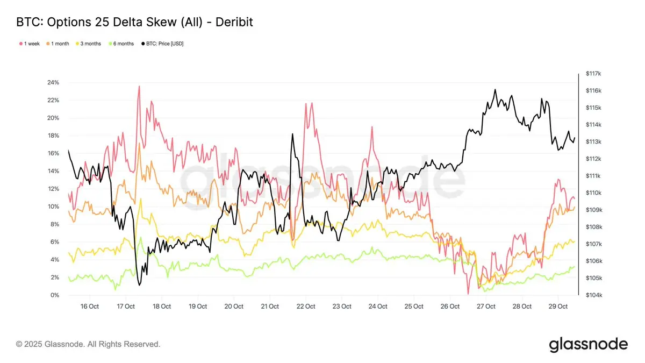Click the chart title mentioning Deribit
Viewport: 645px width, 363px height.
(134, 22)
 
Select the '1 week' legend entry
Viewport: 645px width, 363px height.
(29, 44)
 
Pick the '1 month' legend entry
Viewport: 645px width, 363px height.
(59, 44)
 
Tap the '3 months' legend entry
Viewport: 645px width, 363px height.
(89, 44)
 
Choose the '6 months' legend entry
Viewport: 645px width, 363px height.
(122, 44)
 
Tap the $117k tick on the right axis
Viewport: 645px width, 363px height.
(593, 74)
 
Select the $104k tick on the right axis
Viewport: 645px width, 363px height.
(593, 295)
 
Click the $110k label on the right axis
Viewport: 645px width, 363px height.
(593, 193)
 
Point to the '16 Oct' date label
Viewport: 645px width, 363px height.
(90, 307)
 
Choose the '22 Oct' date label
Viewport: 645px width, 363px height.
(306, 307)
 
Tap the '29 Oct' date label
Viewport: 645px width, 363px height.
(558, 307)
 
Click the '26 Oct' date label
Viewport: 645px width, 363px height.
(450, 307)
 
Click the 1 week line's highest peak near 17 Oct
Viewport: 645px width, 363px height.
(139, 86)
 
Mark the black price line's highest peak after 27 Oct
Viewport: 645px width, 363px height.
(495, 90)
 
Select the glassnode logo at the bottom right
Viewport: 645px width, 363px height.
(588, 344)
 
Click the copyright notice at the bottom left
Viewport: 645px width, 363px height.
(88, 344)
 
